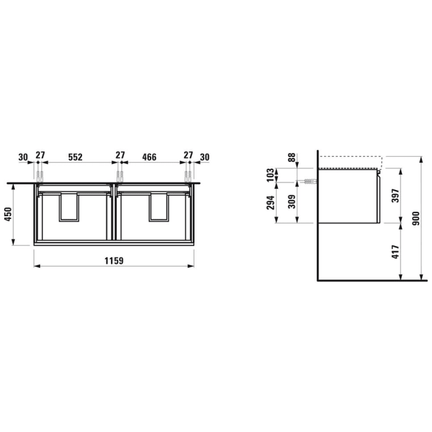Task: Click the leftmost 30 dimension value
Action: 23,157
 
